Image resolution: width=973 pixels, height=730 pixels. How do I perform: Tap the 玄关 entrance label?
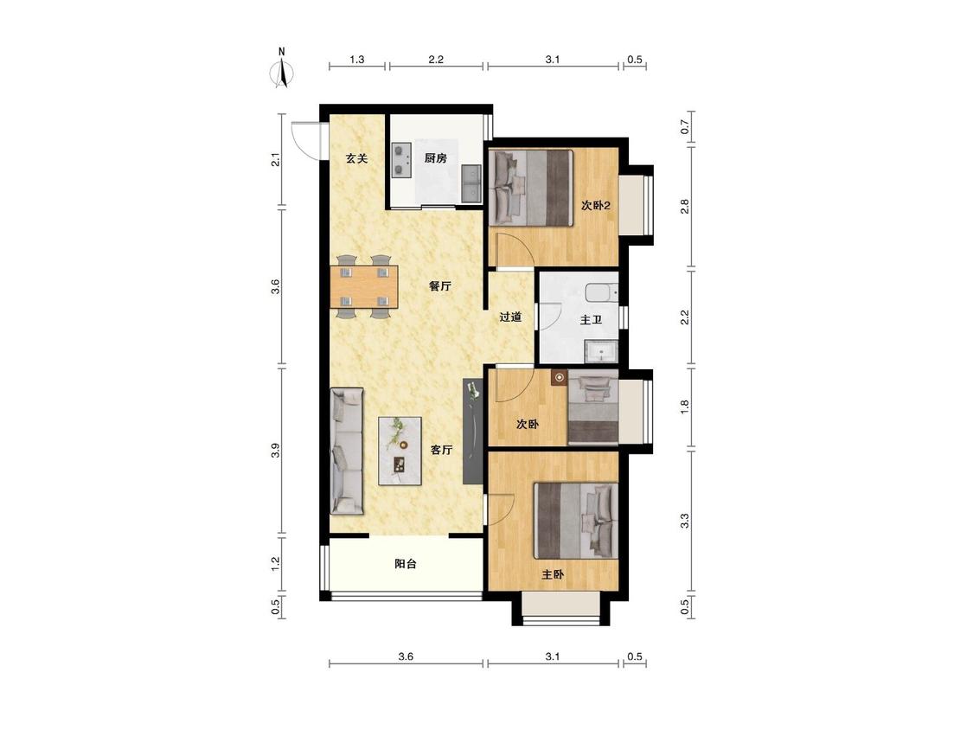point(357,158)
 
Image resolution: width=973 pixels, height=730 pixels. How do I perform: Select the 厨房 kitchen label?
point(436,157)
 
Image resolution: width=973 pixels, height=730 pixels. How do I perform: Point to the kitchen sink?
point(471,183)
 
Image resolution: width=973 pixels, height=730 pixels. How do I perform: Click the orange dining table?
point(364,287)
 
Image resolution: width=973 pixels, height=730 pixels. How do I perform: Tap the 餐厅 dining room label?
point(440,286)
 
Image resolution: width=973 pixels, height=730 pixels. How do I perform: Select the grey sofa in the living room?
point(347,451)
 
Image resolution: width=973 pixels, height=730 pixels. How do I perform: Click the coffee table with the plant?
point(400,451)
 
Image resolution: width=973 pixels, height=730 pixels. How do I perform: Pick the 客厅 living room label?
point(441,450)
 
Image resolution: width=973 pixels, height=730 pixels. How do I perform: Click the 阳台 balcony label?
point(406,564)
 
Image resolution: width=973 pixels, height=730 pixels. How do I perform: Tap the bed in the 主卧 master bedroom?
point(577,521)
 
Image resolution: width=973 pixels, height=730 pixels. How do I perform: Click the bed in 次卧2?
point(530,188)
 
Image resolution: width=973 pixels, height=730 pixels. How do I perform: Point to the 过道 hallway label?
point(510,317)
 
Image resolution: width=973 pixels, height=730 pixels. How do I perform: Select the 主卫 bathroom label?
point(591,320)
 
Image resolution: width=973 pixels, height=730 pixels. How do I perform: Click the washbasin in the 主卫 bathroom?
point(601,351)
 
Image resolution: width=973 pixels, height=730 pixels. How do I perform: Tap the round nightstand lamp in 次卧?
point(560,377)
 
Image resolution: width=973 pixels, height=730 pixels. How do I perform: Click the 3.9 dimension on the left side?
point(276,451)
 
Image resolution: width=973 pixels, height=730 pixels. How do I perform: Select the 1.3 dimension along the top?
point(357,60)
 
